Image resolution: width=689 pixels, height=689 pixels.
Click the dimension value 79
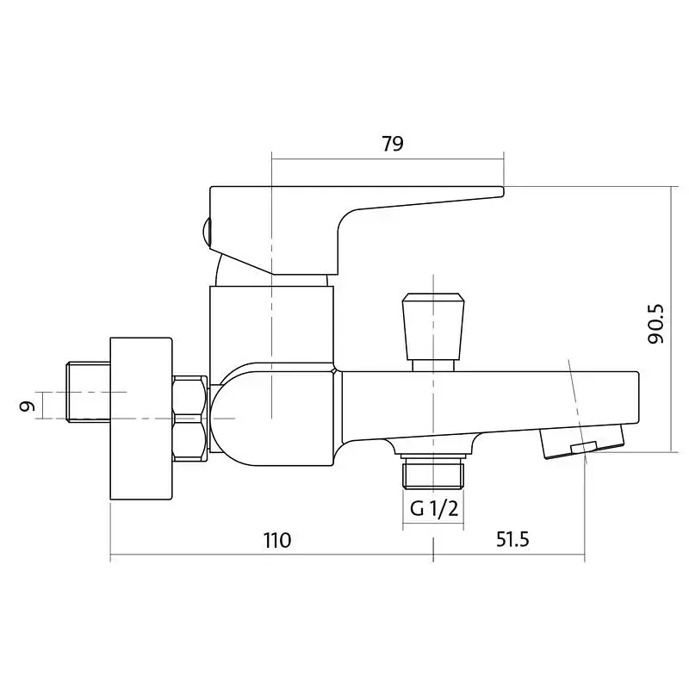tap(392, 143)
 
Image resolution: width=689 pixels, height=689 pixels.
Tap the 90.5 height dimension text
tap(656, 324)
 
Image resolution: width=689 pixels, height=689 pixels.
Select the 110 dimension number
tap(277, 540)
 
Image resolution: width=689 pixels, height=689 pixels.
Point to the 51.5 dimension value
tap(512, 539)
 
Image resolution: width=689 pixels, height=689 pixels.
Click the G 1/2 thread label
tap(434, 508)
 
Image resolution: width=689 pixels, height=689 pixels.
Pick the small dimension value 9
tap(28, 406)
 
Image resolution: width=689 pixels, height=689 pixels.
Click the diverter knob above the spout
tap(433, 326)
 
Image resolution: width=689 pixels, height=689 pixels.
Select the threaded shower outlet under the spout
tap(433, 472)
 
